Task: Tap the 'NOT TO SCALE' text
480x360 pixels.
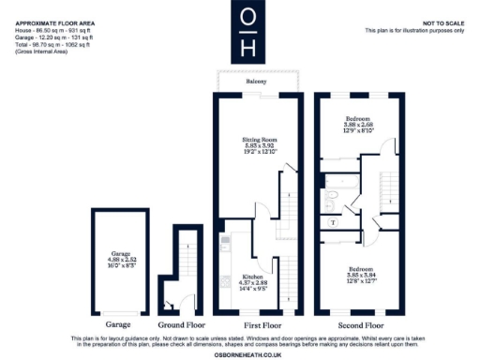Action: pyautogui.click(x=443, y=21)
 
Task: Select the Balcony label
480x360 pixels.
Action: pyautogui.click(x=256, y=82)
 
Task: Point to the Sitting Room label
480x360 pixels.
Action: pyautogui.click(x=256, y=144)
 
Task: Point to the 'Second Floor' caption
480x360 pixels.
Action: pyautogui.click(x=357, y=324)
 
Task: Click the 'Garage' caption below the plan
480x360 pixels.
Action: pyautogui.click(x=119, y=324)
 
